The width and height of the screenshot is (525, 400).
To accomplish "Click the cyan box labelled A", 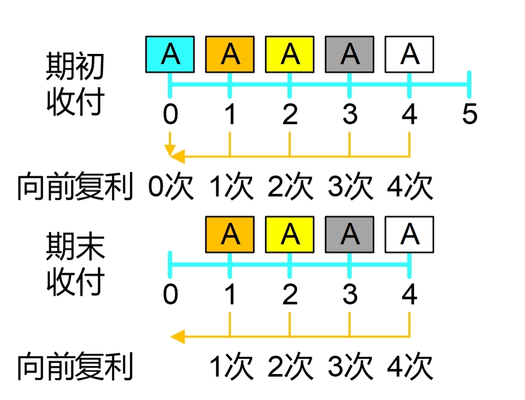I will pyautogui.click(x=170, y=54).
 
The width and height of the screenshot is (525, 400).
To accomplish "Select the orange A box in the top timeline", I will pyautogui.click(x=230, y=54).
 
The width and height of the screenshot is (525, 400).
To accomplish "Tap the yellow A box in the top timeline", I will pyautogui.click(x=290, y=54).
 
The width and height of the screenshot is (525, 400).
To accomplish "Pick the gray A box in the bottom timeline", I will pyautogui.click(x=349, y=234).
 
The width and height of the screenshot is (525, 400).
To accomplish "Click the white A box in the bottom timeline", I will pyautogui.click(x=409, y=234).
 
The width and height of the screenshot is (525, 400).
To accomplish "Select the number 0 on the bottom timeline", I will pyautogui.click(x=170, y=295).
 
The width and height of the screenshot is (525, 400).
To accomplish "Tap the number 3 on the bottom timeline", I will pyautogui.click(x=349, y=295).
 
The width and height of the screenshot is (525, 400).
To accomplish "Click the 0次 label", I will pyautogui.click(x=170, y=187).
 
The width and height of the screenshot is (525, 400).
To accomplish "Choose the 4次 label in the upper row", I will pyautogui.click(x=409, y=187).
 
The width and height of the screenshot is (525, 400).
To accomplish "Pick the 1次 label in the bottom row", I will pyautogui.click(x=231, y=366).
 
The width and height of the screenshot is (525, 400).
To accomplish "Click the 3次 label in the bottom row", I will pyautogui.click(x=350, y=366).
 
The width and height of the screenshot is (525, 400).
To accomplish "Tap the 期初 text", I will pyautogui.click(x=75, y=67).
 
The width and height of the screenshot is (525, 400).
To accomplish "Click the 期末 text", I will pyautogui.click(x=75, y=247).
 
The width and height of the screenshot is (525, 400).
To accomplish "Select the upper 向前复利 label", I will pyautogui.click(x=75, y=187).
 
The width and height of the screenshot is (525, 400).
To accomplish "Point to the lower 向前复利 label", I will pyautogui.click(x=75, y=366).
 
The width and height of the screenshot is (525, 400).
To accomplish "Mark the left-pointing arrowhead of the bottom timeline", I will pyautogui.click(x=177, y=336).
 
